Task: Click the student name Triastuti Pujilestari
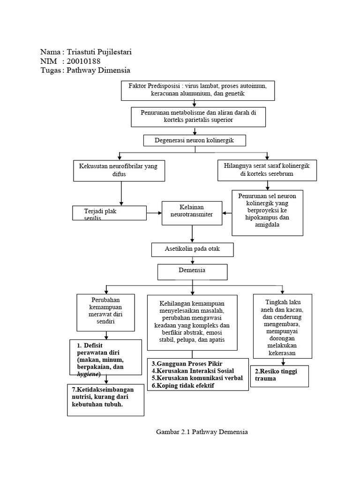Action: (x=99, y=52)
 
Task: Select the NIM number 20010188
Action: (x=84, y=61)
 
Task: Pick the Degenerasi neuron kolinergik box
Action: (x=194, y=140)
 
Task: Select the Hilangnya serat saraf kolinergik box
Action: (x=266, y=170)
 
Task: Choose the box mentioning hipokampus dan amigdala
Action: (x=267, y=212)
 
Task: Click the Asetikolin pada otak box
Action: (x=192, y=249)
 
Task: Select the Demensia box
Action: (x=192, y=271)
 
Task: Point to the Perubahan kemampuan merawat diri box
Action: (x=106, y=312)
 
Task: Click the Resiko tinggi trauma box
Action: (x=279, y=376)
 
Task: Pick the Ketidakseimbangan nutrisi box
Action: (x=105, y=400)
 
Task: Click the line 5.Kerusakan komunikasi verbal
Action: (x=197, y=378)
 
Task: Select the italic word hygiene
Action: (x=89, y=375)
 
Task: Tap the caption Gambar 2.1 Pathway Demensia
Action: (x=202, y=432)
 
